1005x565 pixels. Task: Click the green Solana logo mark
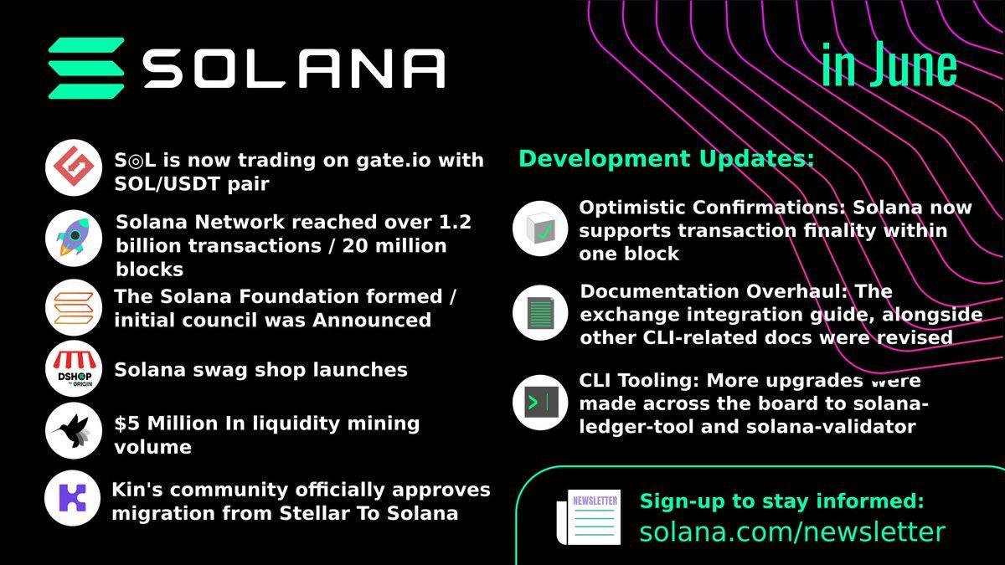86,68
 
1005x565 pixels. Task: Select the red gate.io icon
73,168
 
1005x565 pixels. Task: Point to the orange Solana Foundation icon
73,307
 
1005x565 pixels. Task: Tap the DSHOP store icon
73,369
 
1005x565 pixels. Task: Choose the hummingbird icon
73,431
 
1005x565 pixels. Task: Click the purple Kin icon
73,498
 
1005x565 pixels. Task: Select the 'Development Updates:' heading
666,158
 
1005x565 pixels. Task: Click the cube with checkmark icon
539,229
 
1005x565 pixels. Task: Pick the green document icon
539,312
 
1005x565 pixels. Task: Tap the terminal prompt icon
539,403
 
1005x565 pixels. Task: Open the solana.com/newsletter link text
792,532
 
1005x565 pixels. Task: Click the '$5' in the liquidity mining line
126,424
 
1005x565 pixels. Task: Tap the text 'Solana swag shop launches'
260,370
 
